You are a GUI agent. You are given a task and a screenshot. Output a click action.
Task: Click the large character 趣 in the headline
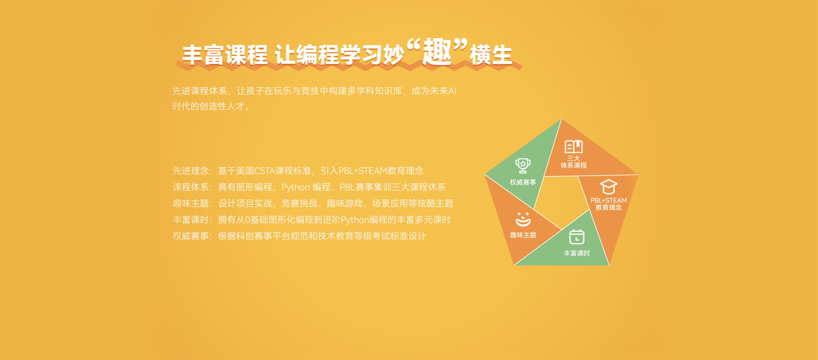[x=437, y=52]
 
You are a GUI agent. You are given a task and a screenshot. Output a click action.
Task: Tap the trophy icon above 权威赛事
[x=523, y=166]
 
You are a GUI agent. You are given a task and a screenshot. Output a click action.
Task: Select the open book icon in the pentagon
[x=573, y=147]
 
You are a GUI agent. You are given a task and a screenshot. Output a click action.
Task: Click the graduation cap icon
[x=608, y=187]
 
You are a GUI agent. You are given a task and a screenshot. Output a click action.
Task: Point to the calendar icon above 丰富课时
[x=576, y=236]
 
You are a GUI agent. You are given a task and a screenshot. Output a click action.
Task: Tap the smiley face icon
[x=523, y=219]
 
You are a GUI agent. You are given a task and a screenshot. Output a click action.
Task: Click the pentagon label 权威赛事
[x=523, y=182]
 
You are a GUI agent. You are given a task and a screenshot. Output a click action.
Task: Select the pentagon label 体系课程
[x=574, y=165]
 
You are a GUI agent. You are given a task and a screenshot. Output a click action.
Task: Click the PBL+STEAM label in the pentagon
[x=608, y=200]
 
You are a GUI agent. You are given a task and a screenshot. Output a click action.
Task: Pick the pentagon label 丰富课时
[x=577, y=253]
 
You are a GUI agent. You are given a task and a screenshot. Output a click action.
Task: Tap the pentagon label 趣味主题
[x=523, y=235]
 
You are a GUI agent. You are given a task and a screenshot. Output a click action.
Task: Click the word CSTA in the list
[x=265, y=171]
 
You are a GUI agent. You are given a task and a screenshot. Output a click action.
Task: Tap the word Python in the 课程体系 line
[x=295, y=187]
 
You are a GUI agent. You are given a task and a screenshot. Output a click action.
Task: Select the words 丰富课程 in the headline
[x=225, y=55]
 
